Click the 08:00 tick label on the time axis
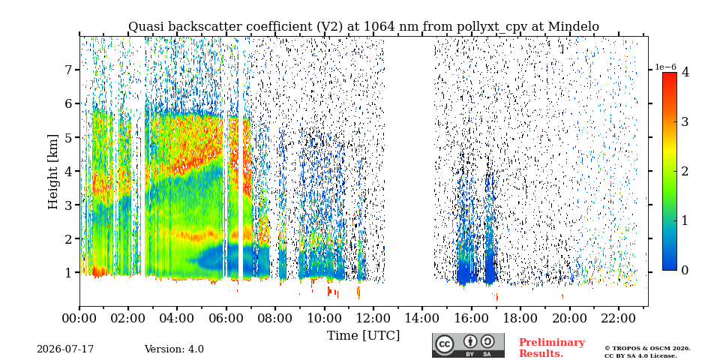coord(275,318)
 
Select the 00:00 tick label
coord(80,318)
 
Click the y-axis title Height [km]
coord(54,172)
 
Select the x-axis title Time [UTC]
coord(363,336)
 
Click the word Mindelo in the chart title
coord(574,27)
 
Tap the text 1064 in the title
coord(379,27)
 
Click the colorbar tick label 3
coord(685,121)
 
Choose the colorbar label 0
coord(685,271)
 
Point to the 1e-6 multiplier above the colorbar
coord(665,67)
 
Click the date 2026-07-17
coord(65,349)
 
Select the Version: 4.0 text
coord(174,349)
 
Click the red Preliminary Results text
coord(552,348)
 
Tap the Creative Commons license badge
coord(468,345)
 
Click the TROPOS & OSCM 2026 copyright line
coord(647,349)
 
